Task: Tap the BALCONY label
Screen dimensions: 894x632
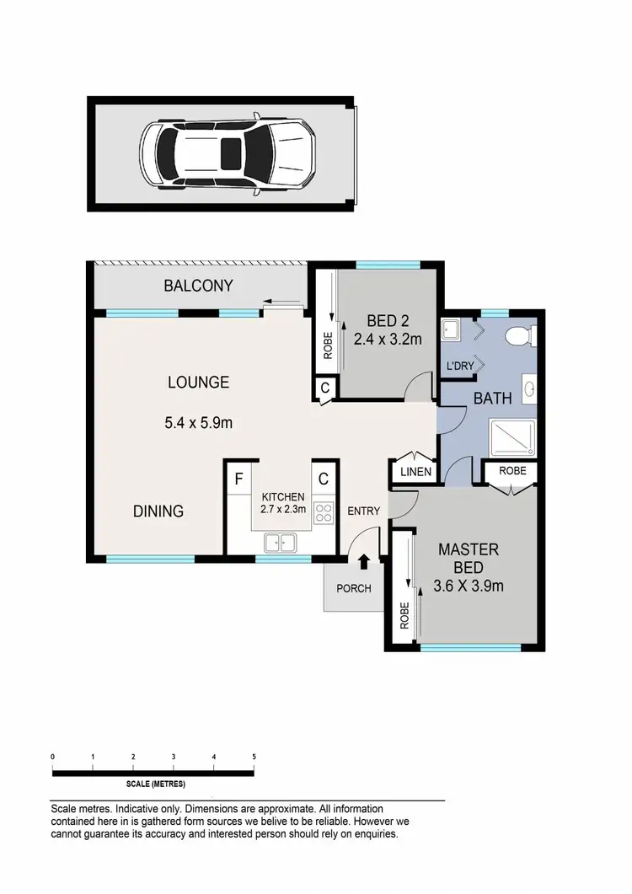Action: click(x=198, y=286)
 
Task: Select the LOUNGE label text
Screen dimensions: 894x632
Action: click(x=198, y=383)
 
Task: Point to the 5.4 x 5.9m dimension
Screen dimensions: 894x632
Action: click(x=199, y=422)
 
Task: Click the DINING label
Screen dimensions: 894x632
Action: click(x=158, y=511)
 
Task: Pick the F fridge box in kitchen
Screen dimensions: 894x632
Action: click(x=238, y=480)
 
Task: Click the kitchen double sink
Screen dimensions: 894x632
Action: click(x=280, y=542)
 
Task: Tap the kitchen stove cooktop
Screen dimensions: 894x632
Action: click(x=323, y=511)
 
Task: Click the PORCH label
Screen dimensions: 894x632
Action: click(x=354, y=588)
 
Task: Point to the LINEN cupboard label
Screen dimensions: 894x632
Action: click(x=416, y=473)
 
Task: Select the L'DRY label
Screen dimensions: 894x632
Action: click(x=464, y=366)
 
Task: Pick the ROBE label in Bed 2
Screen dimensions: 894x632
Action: click(x=327, y=345)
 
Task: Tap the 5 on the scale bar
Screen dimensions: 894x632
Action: click(x=254, y=757)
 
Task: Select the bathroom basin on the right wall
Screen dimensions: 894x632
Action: click(x=529, y=389)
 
